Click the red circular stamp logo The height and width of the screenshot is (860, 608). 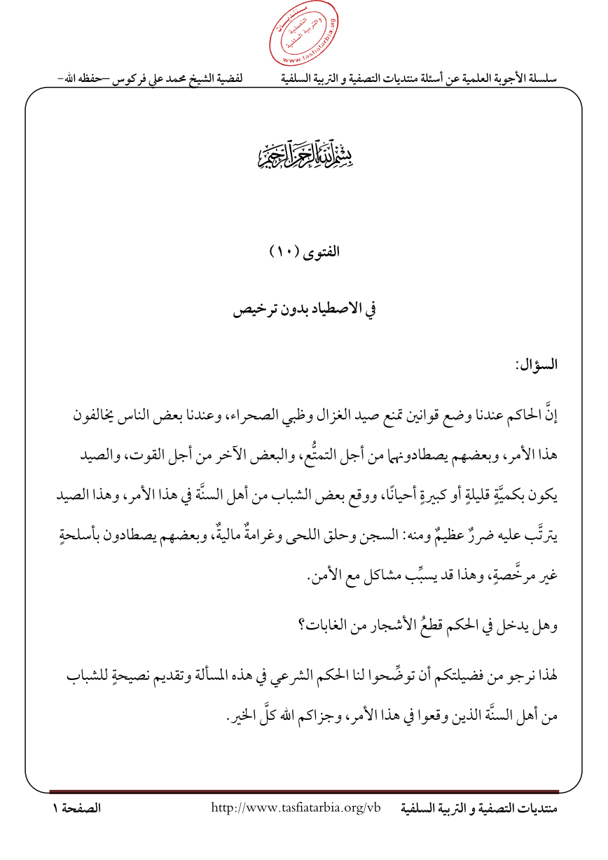[x=304, y=36]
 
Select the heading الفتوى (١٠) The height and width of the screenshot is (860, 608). [x=303, y=252]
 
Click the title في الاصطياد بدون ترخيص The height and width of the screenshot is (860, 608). [x=303, y=310]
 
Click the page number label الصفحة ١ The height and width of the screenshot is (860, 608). [x=77, y=809]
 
